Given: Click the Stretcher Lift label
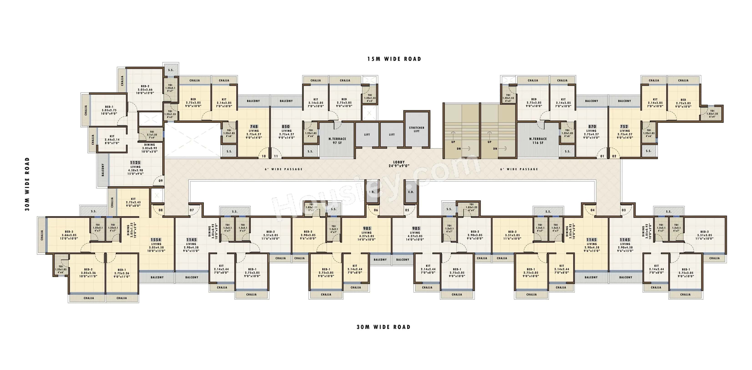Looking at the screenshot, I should point(416,129).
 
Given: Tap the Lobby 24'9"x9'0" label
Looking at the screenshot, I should point(399,164).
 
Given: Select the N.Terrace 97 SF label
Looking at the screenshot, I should point(337,141).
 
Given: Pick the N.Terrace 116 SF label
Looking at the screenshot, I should point(538,141).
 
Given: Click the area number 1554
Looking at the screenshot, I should point(156,240).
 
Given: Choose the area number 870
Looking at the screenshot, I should point(592,127).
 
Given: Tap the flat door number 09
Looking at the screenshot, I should point(161,181).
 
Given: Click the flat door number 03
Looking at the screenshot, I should point(623,210).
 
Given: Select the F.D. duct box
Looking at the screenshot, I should point(372,192).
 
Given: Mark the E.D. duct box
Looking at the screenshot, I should point(411,192).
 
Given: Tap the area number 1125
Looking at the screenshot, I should point(135,163).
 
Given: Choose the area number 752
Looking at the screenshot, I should point(624,127).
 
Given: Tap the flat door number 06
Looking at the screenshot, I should point(376,210).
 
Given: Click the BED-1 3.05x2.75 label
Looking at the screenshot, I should point(109,110).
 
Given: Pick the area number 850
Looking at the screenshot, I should point(286,127).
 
